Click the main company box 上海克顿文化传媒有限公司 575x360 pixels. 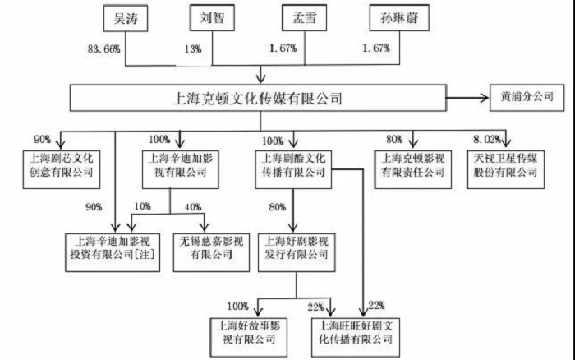[258, 99]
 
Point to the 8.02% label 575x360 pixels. [485, 139]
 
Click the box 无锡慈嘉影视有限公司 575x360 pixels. [209, 247]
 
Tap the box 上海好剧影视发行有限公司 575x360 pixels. [294, 247]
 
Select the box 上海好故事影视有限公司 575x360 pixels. [247, 330]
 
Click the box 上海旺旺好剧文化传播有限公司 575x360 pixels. [362, 330]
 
